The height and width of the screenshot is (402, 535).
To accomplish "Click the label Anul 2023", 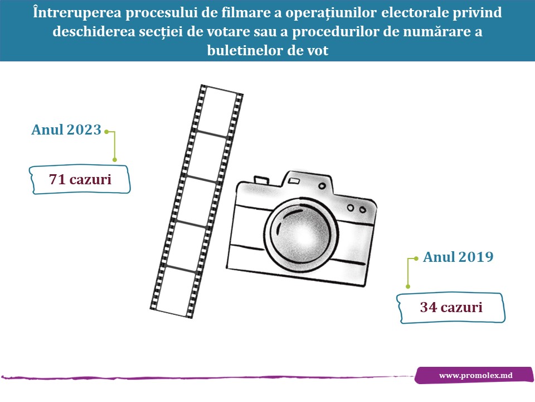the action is point(66,130).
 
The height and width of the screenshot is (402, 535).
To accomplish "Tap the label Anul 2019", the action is point(458,257).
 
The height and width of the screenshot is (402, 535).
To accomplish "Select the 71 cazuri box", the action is point(80,179).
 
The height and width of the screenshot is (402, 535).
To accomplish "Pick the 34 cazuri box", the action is point(451,307).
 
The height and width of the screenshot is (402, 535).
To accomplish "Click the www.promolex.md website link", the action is point(475,375).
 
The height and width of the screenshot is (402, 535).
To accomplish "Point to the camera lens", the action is point(301,235).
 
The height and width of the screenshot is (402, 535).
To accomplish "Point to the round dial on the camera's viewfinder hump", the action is point(322,186).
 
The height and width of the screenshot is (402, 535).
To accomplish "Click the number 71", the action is point(57,179).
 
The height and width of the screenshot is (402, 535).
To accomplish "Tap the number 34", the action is point(428,307).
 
